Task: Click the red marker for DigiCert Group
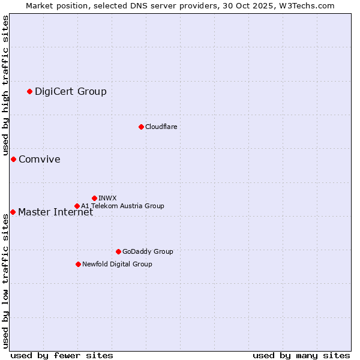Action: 29,91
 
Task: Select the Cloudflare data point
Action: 141,127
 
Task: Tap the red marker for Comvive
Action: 13,159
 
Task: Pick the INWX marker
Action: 94,198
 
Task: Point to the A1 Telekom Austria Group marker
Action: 77,206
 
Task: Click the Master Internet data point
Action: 13,212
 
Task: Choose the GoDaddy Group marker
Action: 118,251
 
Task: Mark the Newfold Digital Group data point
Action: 78,264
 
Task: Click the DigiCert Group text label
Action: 71,91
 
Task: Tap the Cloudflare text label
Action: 161,127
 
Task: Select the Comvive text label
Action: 40,159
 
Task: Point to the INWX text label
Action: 107,198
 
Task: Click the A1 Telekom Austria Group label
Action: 122,206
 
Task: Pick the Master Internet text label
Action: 56,212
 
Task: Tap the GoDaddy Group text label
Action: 148,251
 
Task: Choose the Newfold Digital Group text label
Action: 117,264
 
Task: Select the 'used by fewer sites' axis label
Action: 62,355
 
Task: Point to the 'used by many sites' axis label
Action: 301,355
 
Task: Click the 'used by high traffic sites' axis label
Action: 5,85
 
